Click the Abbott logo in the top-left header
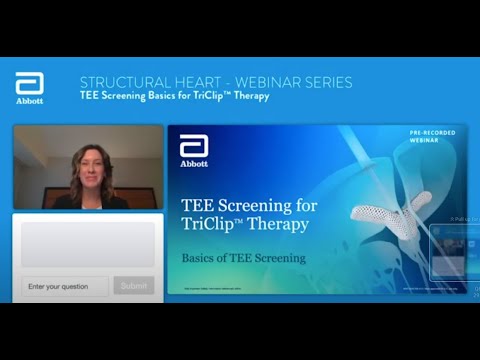pyautogui.click(x=30, y=88)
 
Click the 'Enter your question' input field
pyautogui.click(x=64, y=286)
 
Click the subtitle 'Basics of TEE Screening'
pyautogui.click(x=243, y=257)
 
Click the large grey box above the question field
pyautogui.click(x=88, y=243)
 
